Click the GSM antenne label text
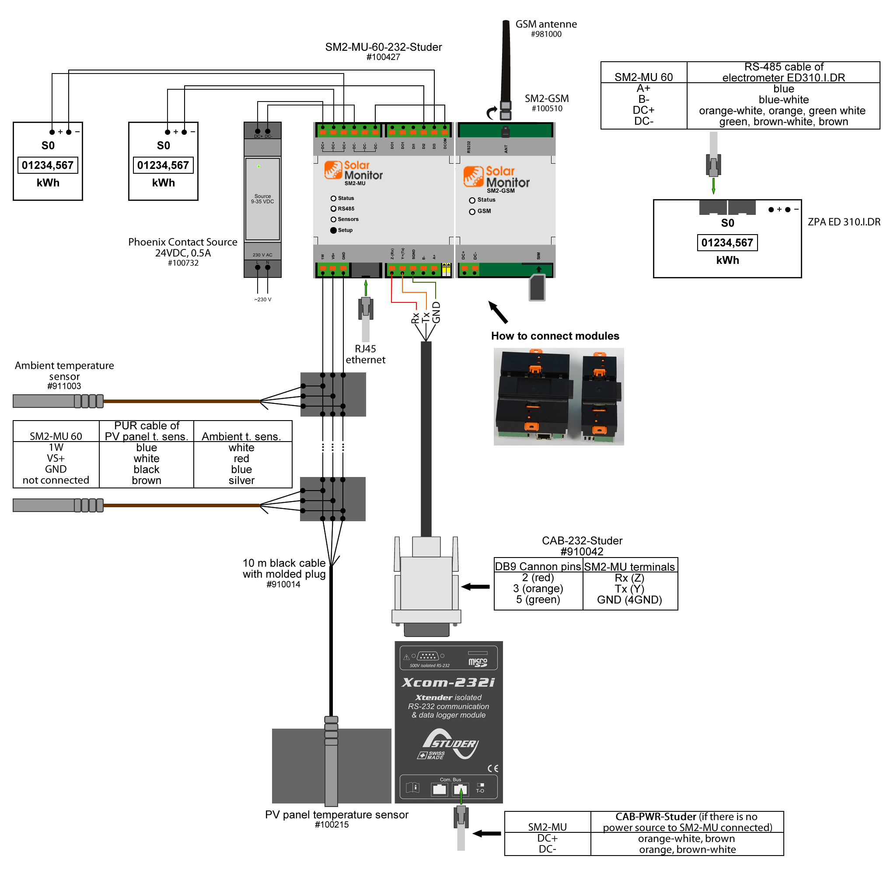click(x=546, y=25)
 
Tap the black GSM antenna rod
click(x=506, y=60)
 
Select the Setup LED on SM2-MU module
click(x=333, y=230)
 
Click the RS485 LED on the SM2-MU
click(x=333, y=209)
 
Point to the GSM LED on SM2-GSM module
click(x=472, y=212)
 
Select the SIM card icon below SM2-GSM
click(x=537, y=288)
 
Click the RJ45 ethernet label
click(x=366, y=354)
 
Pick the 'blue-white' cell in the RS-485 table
click(x=783, y=100)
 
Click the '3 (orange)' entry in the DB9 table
click(x=538, y=589)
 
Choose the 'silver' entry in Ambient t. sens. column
click(x=241, y=480)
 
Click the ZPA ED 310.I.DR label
click(x=844, y=222)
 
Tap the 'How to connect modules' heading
click(x=555, y=336)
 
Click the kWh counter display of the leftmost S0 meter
click(x=48, y=165)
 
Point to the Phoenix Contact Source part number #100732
click(x=183, y=263)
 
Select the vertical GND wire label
click(x=436, y=312)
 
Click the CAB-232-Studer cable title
click(x=582, y=541)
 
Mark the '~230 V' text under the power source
click(x=262, y=299)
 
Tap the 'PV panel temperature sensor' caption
click(x=336, y=814)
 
